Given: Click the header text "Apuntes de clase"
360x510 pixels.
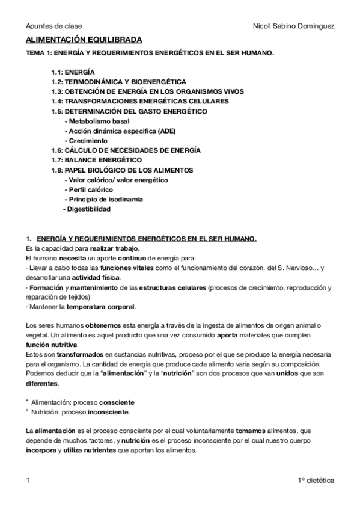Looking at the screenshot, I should (x=54, y=26).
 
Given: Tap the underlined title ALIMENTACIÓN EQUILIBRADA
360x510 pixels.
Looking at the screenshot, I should (x=84, y=40).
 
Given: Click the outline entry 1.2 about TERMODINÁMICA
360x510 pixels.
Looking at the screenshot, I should (x=118, y=81).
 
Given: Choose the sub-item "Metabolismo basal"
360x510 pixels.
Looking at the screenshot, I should (x=95, y=121).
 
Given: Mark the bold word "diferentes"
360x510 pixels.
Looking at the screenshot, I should (x=42, y=383).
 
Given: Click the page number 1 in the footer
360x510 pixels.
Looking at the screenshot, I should (x=28, y=481).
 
